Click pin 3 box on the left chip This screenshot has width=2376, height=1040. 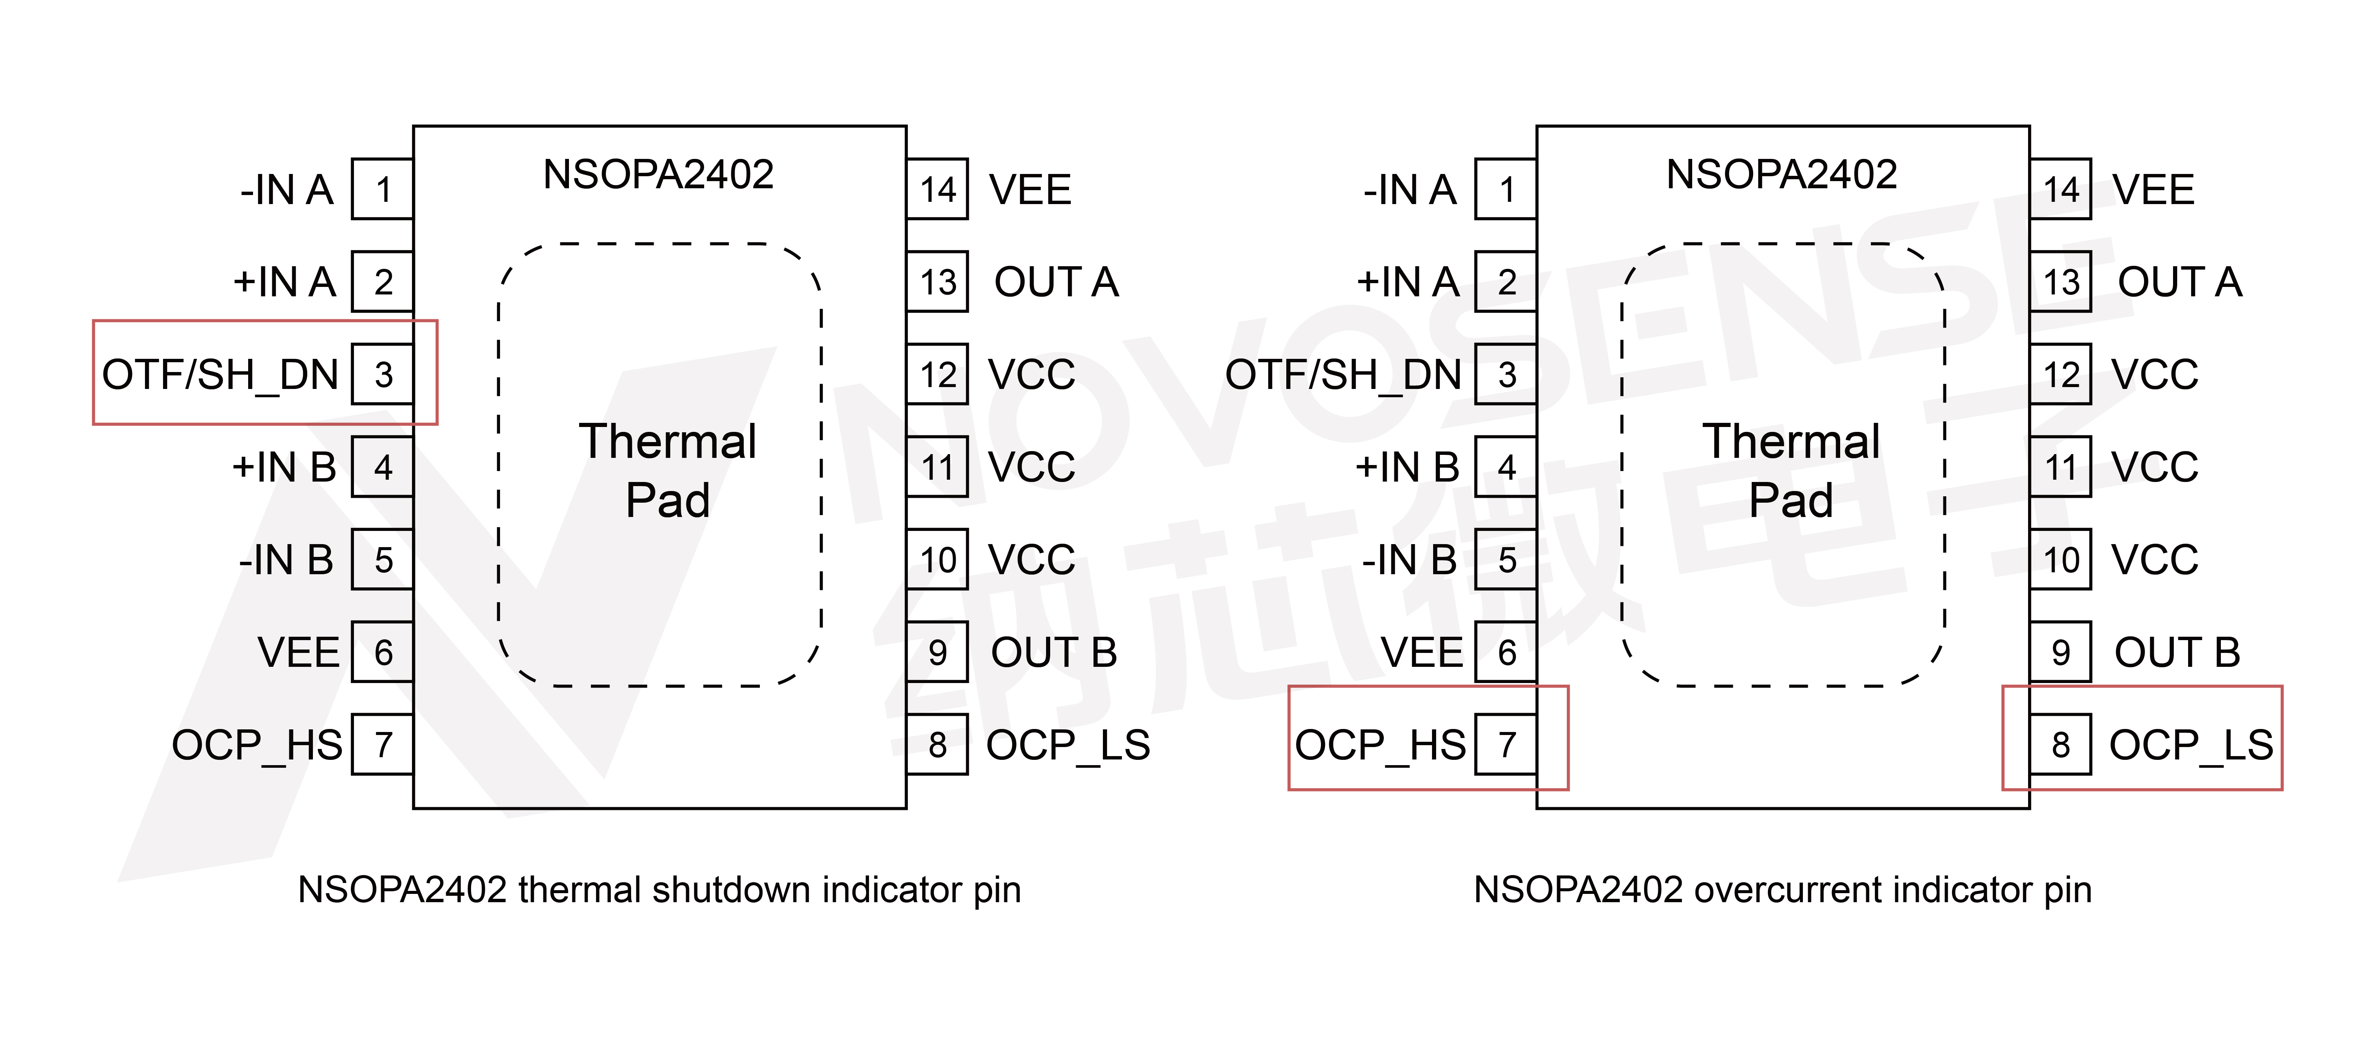383,374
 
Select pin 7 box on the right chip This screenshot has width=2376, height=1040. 1506,744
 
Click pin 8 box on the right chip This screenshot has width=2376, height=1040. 2060,744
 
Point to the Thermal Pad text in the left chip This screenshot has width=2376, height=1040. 668,470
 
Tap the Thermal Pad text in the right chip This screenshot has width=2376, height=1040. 1791,470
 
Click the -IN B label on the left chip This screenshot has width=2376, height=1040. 286,560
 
